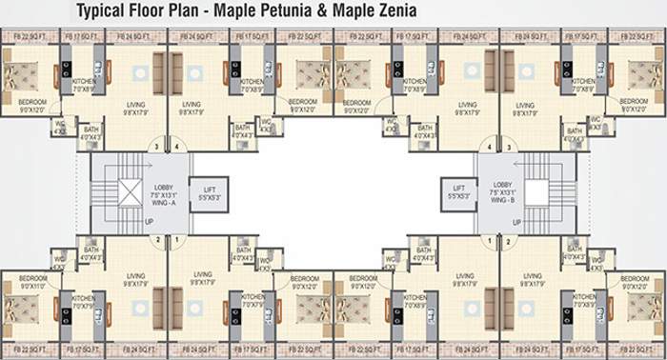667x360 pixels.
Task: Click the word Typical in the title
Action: (x=107, y=12)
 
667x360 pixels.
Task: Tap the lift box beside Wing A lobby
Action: (x=209, y=194)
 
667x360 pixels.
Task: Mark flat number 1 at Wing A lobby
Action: (x=175, y=240)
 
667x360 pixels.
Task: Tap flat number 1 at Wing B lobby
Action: (x=491, y=240)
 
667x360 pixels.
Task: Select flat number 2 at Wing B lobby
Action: (x=509, y=240)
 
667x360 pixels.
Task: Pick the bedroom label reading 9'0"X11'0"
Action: (x=32, y=282)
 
